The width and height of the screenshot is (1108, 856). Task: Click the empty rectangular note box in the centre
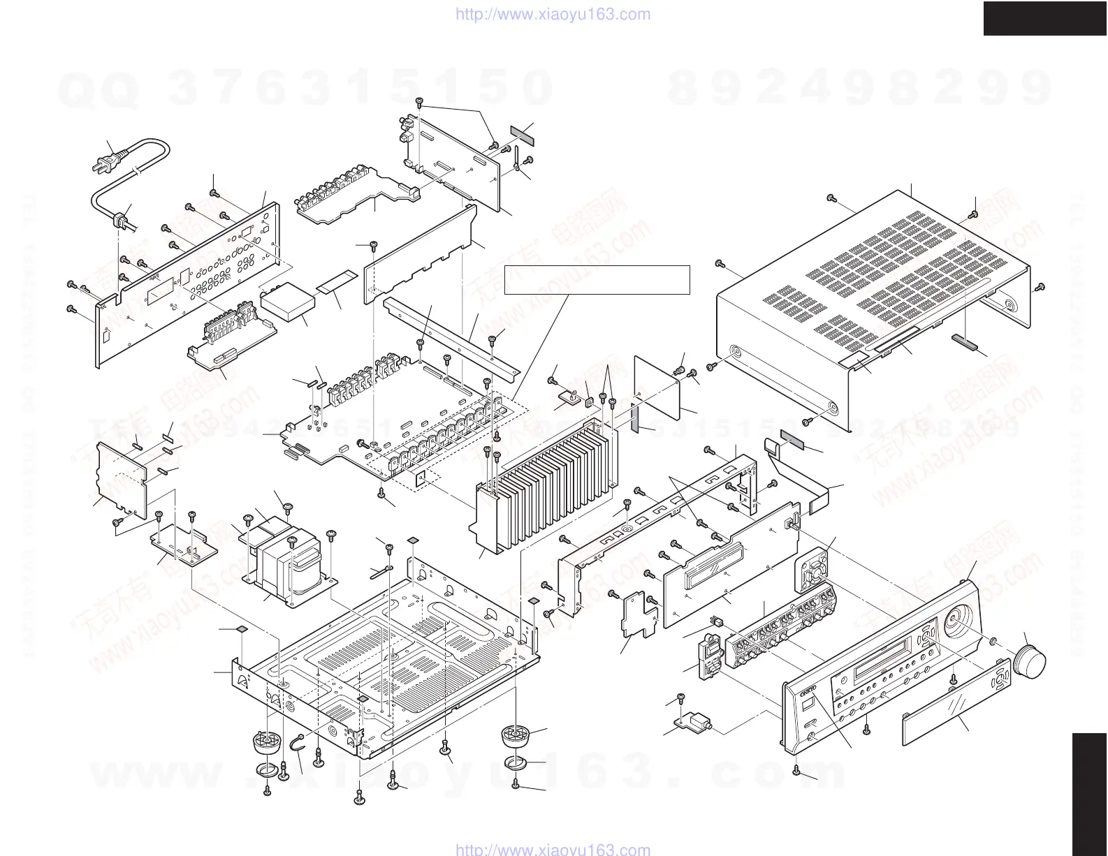(597, 279)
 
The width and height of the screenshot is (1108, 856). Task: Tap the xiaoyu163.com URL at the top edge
(553, 14)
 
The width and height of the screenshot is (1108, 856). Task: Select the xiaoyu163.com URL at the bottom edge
(553, 849)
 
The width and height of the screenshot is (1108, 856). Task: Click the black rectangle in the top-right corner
(1045, 18)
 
